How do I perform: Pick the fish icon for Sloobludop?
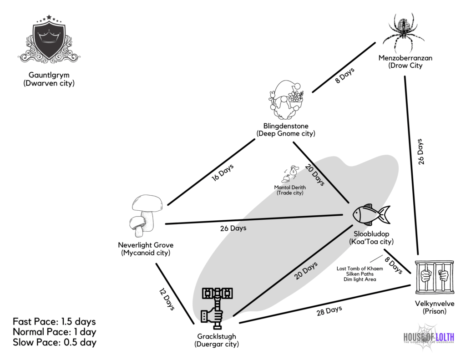click(x=371, y=214)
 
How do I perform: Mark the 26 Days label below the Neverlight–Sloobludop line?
click(x=233, y=228)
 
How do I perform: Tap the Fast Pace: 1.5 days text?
click(x=55, y=321)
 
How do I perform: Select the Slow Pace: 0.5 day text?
click(x=55, y=343)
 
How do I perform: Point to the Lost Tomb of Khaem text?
click(x=360, y=269)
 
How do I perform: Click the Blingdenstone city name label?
click(x=286, y=126)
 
